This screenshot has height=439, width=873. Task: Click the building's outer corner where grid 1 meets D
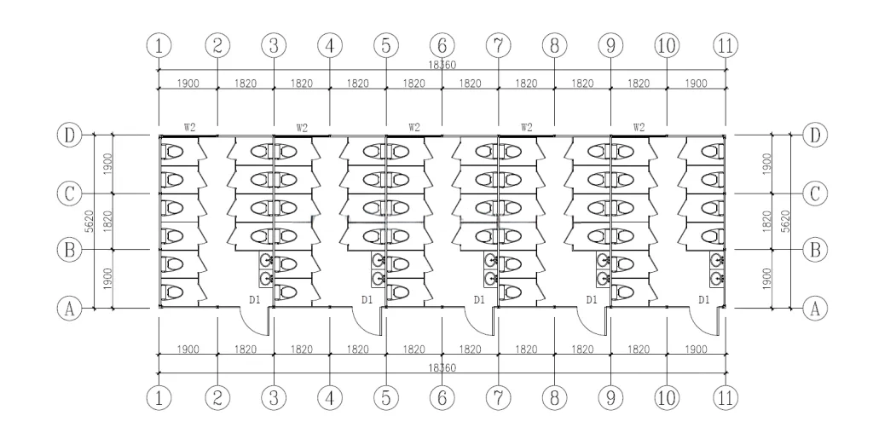coord(159,136)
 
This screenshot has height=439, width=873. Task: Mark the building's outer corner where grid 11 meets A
coord(725,307)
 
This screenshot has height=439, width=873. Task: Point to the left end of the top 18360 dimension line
coord(159,70)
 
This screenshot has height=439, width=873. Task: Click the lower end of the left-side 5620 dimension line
coord(94,307)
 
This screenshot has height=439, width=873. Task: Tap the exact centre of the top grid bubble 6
coord(442,46)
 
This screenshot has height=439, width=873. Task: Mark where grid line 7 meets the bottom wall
coord(498,307)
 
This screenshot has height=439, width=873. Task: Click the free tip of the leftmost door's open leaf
coord(269,335)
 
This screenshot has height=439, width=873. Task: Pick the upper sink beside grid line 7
coord(490,260)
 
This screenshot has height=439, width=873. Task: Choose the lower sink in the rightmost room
coord(716,277)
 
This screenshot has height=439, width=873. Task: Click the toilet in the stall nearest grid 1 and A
coord(172,292)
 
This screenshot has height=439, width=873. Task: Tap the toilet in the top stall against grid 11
coord(712,151)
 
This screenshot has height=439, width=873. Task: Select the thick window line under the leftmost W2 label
coord(188,136)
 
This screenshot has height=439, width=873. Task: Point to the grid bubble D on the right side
coord(815,136)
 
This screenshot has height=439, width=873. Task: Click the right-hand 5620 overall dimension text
coord(785,221)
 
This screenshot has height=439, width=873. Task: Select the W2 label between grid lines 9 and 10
coord(639,127)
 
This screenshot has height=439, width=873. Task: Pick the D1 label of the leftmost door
coord(254,300)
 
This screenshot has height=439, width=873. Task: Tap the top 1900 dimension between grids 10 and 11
coord(696,84)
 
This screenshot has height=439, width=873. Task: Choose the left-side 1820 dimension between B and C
coord(108,221)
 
